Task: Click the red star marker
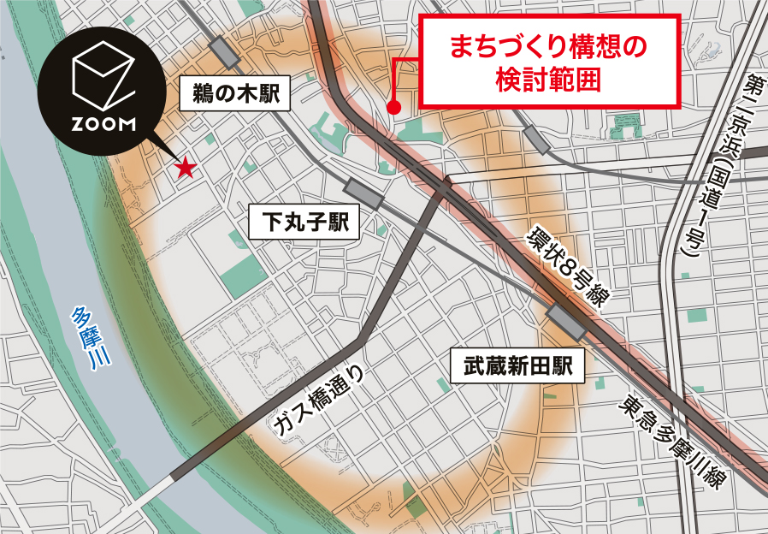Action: [184, 169]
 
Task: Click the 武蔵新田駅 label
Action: [517, 367]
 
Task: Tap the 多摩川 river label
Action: [91, 341]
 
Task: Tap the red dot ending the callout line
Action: [393, 108]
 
